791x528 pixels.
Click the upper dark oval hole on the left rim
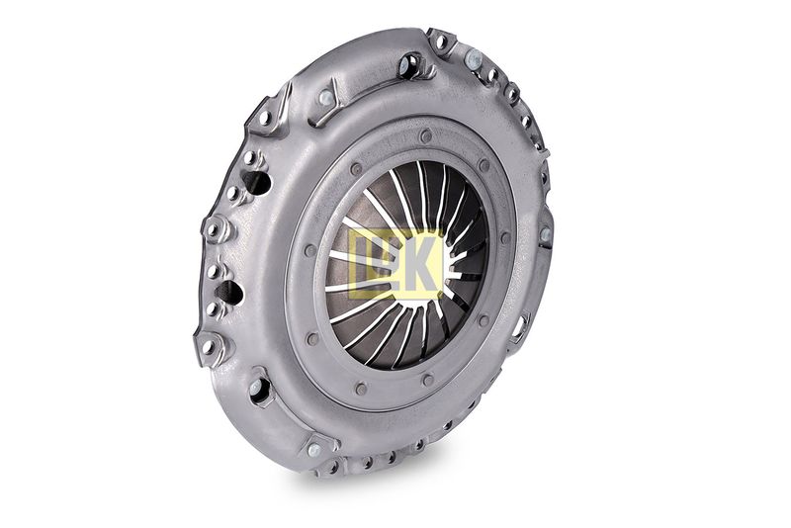click(x=257, y=183)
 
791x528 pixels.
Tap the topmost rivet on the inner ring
click(x=426, y=135)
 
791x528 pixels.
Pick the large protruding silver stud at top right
click(x=474, y=59)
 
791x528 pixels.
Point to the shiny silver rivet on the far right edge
click(x=545, y=234)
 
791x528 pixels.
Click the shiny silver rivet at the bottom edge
click(x=313, y=449)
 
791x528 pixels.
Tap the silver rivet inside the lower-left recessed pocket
click(x=255, y=388)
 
